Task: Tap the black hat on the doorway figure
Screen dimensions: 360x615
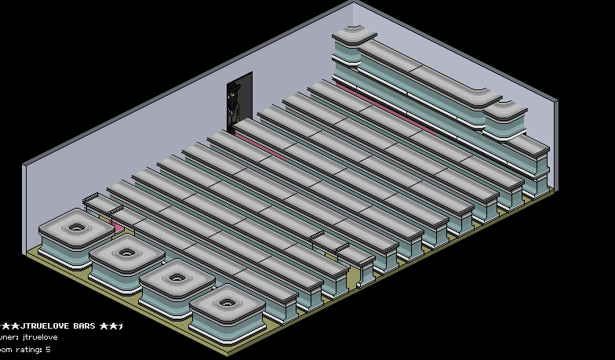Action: coord(232,93)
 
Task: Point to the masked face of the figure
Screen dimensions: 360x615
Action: coord(232,100)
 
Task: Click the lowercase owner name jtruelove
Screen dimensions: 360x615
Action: coord(41,337)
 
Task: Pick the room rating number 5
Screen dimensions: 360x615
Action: coord(48,349)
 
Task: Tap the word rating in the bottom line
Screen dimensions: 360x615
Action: coord(28,349)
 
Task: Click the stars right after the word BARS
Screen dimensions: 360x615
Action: coord(111,325)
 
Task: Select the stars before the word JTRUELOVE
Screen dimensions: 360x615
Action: coord(9,325)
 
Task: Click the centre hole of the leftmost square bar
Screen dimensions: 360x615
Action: coord(77,228)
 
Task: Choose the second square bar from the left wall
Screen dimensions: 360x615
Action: coord(126,253)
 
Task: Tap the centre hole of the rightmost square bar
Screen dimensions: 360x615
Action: coord(227,301)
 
